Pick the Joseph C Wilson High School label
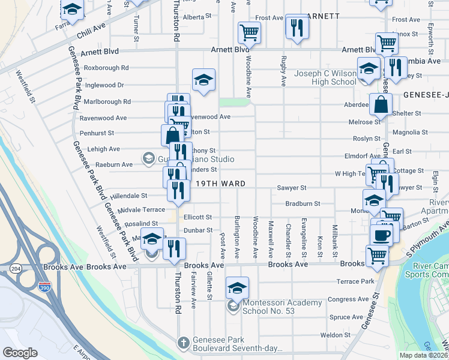[x=325, y=78]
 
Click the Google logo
[x=20, y=353]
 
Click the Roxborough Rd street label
[x=106, y=68]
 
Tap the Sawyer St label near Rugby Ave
[x=292, y=188]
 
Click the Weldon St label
[x=335, y=335]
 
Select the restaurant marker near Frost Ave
[x=297, y=27]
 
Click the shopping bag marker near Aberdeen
[x=381, y=104]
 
